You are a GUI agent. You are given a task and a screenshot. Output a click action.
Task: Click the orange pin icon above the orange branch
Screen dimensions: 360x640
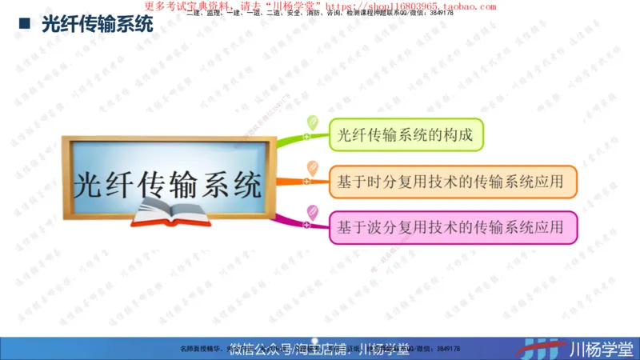point(313,169)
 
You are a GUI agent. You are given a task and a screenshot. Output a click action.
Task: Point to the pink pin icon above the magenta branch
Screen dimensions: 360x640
point(312,212)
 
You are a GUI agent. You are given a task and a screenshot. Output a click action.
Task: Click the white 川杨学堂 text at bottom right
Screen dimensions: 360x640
point(599,348)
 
